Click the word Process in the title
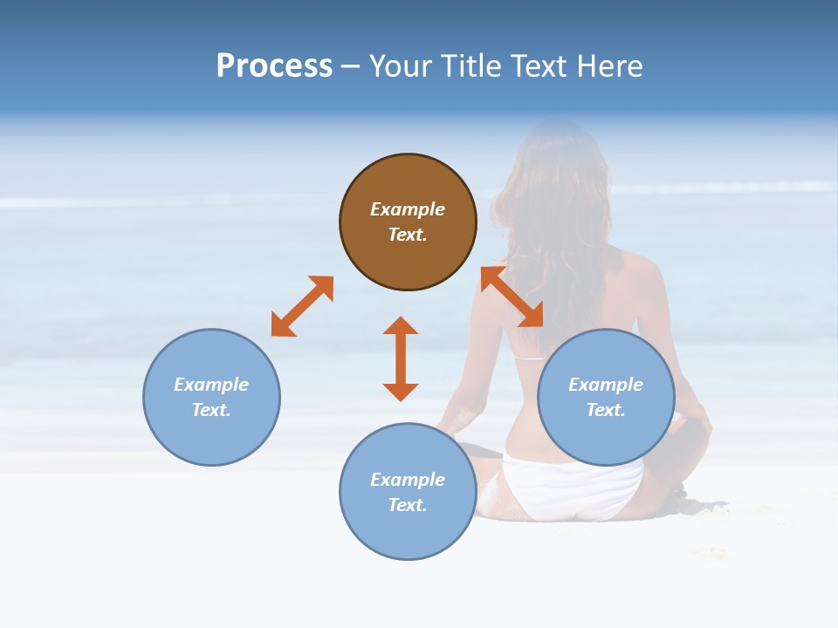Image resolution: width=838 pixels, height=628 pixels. point(274,66)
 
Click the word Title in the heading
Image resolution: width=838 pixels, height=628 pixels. point(469,66)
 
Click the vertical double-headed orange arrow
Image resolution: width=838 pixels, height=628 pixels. point(401,358)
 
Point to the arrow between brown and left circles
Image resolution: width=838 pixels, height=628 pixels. point(302,306)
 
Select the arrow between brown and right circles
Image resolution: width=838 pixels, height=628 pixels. point(512,297)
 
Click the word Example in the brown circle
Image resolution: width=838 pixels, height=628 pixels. point(408,209)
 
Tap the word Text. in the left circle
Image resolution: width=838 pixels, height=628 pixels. point(211,410)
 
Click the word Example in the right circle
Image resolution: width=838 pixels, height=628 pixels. point(606,385)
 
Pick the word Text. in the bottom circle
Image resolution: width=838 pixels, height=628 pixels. point(408,505)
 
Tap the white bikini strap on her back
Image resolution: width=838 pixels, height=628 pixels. point(527,358)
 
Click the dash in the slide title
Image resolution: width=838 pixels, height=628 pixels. point(350,66)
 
